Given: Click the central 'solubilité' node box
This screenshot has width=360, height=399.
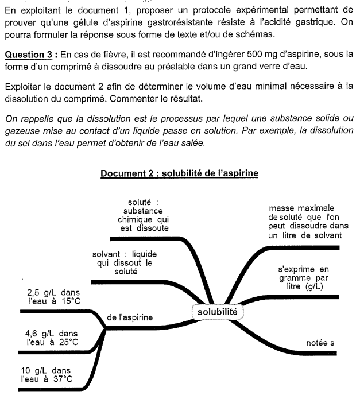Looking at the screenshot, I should coord(216,312).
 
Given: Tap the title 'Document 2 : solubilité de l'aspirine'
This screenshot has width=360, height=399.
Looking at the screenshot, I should coord(180,173).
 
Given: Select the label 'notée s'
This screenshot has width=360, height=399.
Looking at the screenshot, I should coord(320,343).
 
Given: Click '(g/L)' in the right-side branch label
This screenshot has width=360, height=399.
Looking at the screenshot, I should coord(310,286).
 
